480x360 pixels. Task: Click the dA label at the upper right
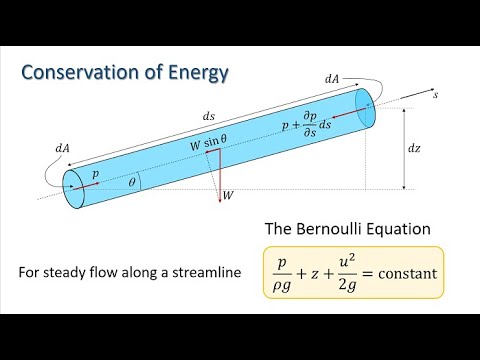[x=331, y=77]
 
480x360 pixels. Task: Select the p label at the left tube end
[x=95, y=172]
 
